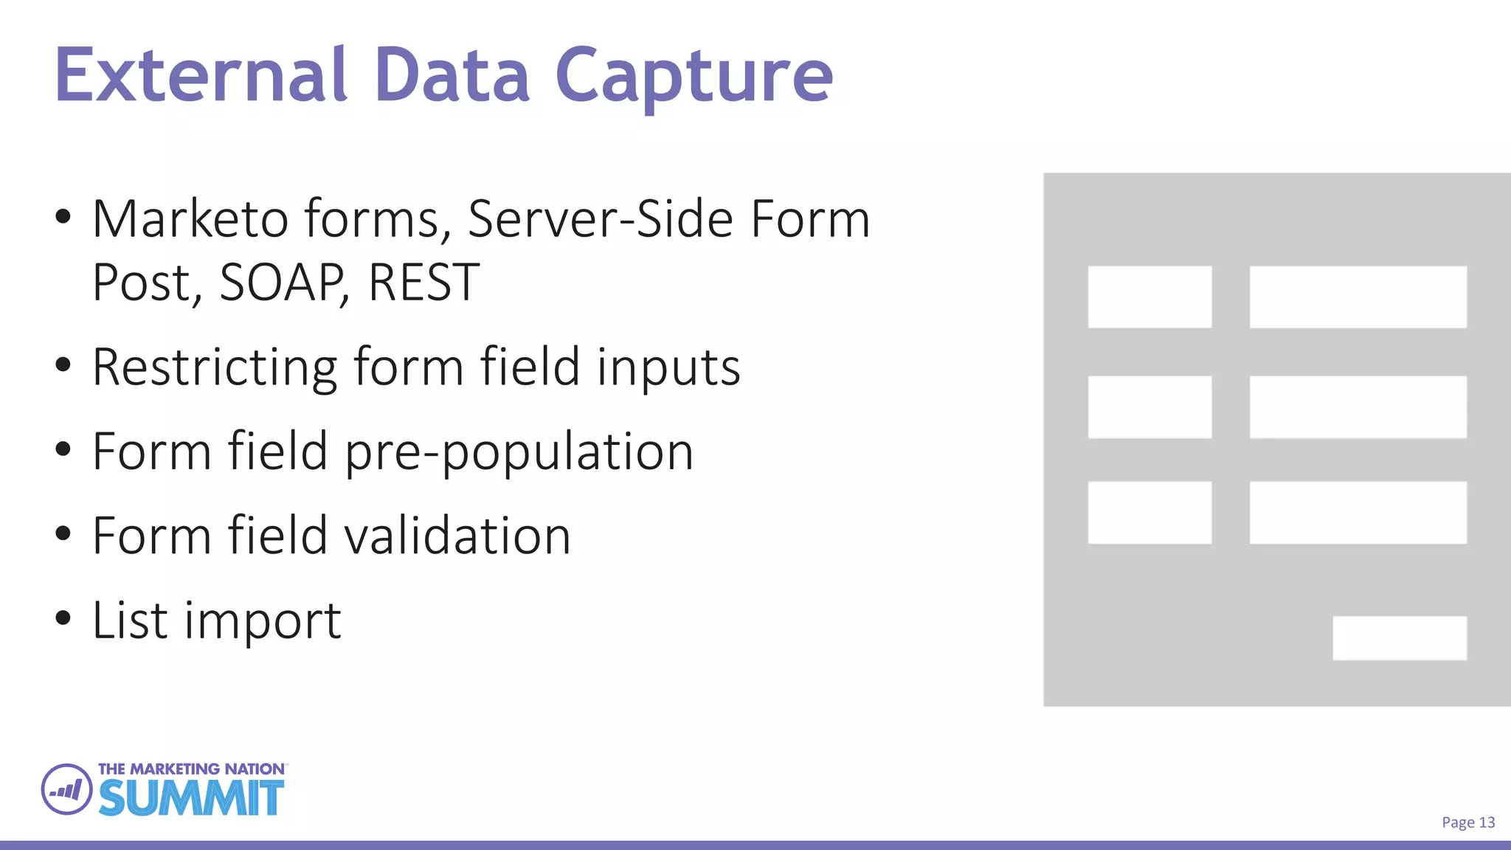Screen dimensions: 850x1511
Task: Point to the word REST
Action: pos(423,283)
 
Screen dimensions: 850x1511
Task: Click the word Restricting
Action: pos(215,367)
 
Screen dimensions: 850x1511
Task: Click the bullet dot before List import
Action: pos(63,618)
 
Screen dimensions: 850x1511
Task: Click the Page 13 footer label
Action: pos(1467,822)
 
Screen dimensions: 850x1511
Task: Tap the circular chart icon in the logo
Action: pos(66,789)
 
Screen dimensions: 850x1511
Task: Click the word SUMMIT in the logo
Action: pos(191,798)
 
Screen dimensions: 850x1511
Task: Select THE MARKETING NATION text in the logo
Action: pos(191,769)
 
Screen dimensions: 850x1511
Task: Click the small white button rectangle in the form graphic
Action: pos(1399,637)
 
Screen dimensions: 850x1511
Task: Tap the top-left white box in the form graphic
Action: pos(1149,297)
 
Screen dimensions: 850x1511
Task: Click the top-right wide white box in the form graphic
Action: pos(1358,297)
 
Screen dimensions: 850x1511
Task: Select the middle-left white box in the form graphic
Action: pos(1149,407)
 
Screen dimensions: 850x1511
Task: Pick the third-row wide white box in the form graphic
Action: pos(1358,512)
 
